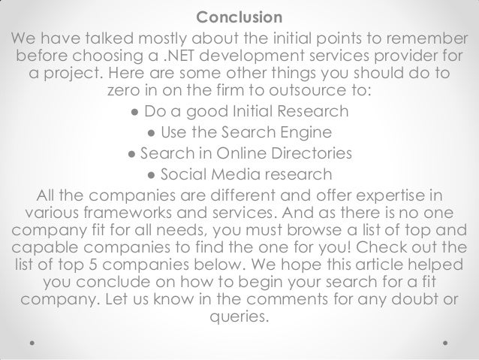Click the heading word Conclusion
pyautogui.click(x=239, y=17)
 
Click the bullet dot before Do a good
pyautogui.click(x=133, y=113)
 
